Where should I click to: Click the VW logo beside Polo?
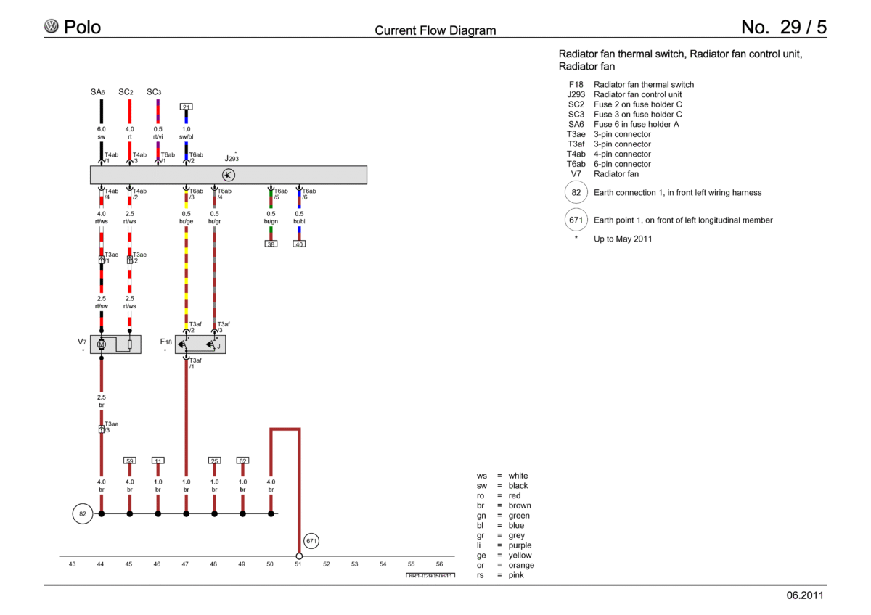pos(52,26)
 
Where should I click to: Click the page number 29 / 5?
pos(803,27)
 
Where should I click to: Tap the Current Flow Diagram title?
pos(435,30)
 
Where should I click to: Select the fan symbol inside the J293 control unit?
pos(228,176)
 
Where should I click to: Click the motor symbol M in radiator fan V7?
pos(102,344)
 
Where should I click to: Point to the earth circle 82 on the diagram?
pos(83,514)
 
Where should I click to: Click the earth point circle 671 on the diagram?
pos(311,541)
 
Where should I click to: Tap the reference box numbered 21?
pos(187,107)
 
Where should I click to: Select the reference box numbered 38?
pos(271,244)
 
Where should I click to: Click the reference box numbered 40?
pos(299,244)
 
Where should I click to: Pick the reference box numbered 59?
pos(130,461)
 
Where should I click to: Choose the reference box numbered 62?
pos(242,461)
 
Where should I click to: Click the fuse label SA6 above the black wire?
pos(97,92)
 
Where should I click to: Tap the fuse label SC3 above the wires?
pos(154,92)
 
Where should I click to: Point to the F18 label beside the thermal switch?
pos(165,342)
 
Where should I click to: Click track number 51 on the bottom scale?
pos(298,564)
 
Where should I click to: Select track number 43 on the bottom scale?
pos(72,564)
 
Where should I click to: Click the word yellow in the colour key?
pos(520,556)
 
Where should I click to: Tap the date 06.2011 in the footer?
pos(805,595)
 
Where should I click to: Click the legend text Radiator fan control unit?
pos(638,94)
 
